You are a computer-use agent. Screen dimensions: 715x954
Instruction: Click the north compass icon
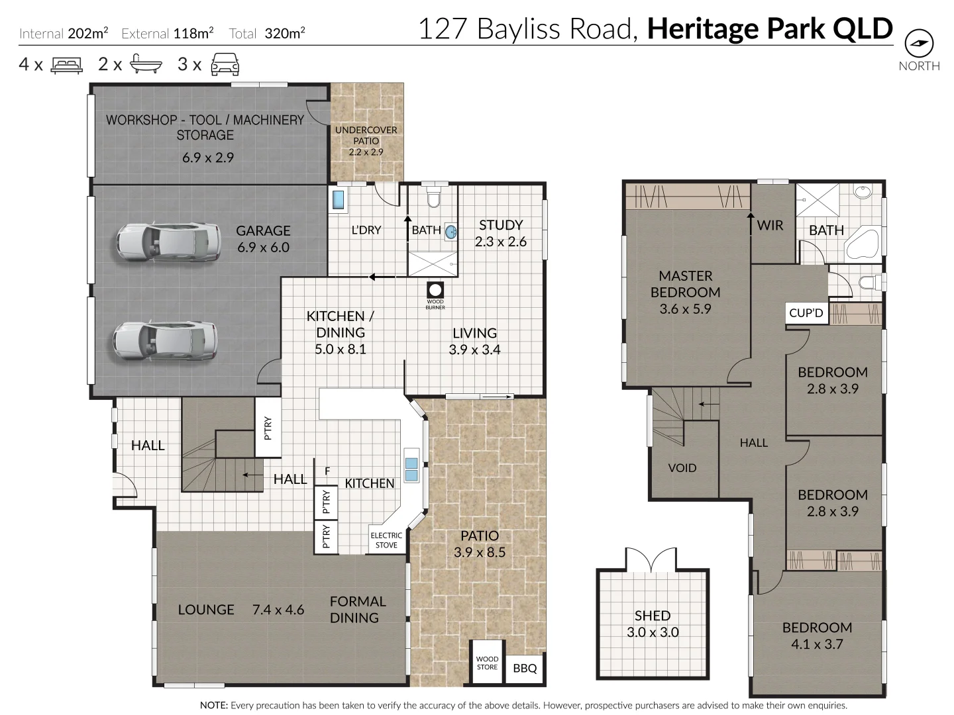coord(919,44)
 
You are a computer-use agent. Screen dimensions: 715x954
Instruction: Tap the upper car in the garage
coord(168,242)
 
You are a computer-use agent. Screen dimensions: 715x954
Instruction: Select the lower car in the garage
coord(165,341)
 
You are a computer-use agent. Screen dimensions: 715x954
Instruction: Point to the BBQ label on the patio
coord(525,669)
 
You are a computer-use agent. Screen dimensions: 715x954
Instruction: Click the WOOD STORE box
coord(487,663)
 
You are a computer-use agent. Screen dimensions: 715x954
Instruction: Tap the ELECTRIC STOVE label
coord(386,540)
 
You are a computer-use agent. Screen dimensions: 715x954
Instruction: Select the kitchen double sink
coord(411,469)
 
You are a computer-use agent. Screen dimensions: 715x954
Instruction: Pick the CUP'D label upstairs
coord(806,313)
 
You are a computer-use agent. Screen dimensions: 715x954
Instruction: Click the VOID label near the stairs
coord(682,468)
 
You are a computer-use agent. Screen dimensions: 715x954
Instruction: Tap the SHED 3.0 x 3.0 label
coord(653,624)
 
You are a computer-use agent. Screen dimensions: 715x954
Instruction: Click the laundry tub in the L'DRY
coord(338,200)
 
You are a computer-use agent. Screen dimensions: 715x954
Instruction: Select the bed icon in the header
coord(66,64)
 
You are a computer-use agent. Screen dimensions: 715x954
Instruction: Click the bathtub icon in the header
coord(145,64)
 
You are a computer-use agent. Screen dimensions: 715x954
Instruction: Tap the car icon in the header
coord(225,64)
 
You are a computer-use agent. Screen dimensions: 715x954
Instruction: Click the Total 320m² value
coord(284,33)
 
